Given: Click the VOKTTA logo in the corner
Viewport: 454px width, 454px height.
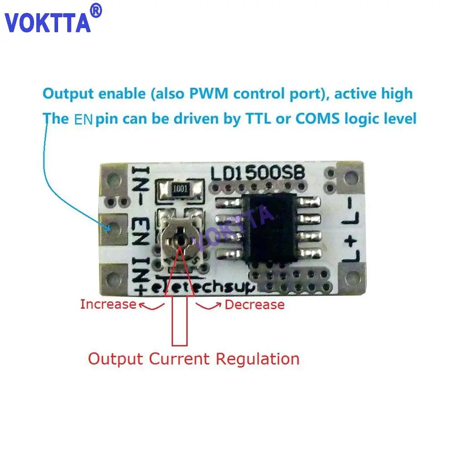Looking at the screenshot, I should click(48, 22).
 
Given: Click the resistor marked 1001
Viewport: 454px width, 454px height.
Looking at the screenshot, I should click(179, 191).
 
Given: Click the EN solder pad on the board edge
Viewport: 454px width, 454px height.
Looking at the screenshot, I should click(111, 227).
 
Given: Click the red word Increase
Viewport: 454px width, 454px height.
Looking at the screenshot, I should click(108, 304).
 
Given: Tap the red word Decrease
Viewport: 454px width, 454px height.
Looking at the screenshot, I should click(255, 305).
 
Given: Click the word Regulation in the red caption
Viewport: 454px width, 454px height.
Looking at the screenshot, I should click(257, 359).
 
